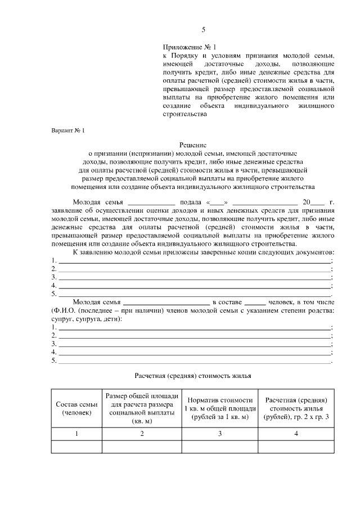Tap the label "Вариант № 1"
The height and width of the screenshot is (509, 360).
67,130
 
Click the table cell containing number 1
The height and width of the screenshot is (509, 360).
76,434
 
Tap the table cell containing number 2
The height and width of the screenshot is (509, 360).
142,434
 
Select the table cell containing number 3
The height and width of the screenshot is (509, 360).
220,434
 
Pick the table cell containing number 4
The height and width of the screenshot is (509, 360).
296,434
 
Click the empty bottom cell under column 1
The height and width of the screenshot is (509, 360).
76,447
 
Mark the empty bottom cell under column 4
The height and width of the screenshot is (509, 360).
296,447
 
